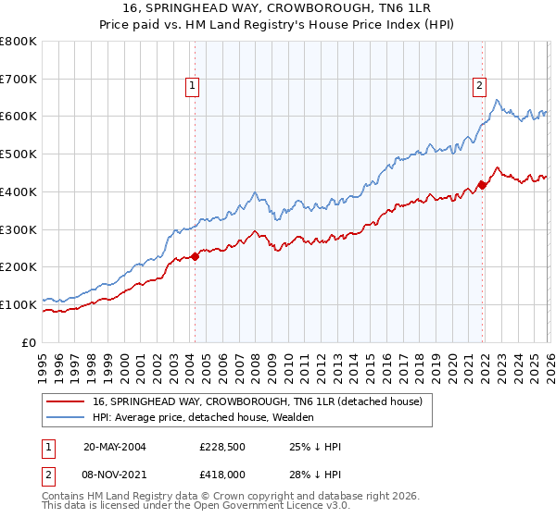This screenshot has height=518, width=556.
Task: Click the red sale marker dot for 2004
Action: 196,256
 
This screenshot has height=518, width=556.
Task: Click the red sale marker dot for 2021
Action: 482,185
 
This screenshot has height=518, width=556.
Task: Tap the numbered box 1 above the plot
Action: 192,87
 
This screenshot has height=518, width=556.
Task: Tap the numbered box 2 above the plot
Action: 479,87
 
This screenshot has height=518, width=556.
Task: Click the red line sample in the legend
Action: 66,402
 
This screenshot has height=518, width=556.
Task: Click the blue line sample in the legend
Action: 66,418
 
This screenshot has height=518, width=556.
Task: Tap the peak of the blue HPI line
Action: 498,100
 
